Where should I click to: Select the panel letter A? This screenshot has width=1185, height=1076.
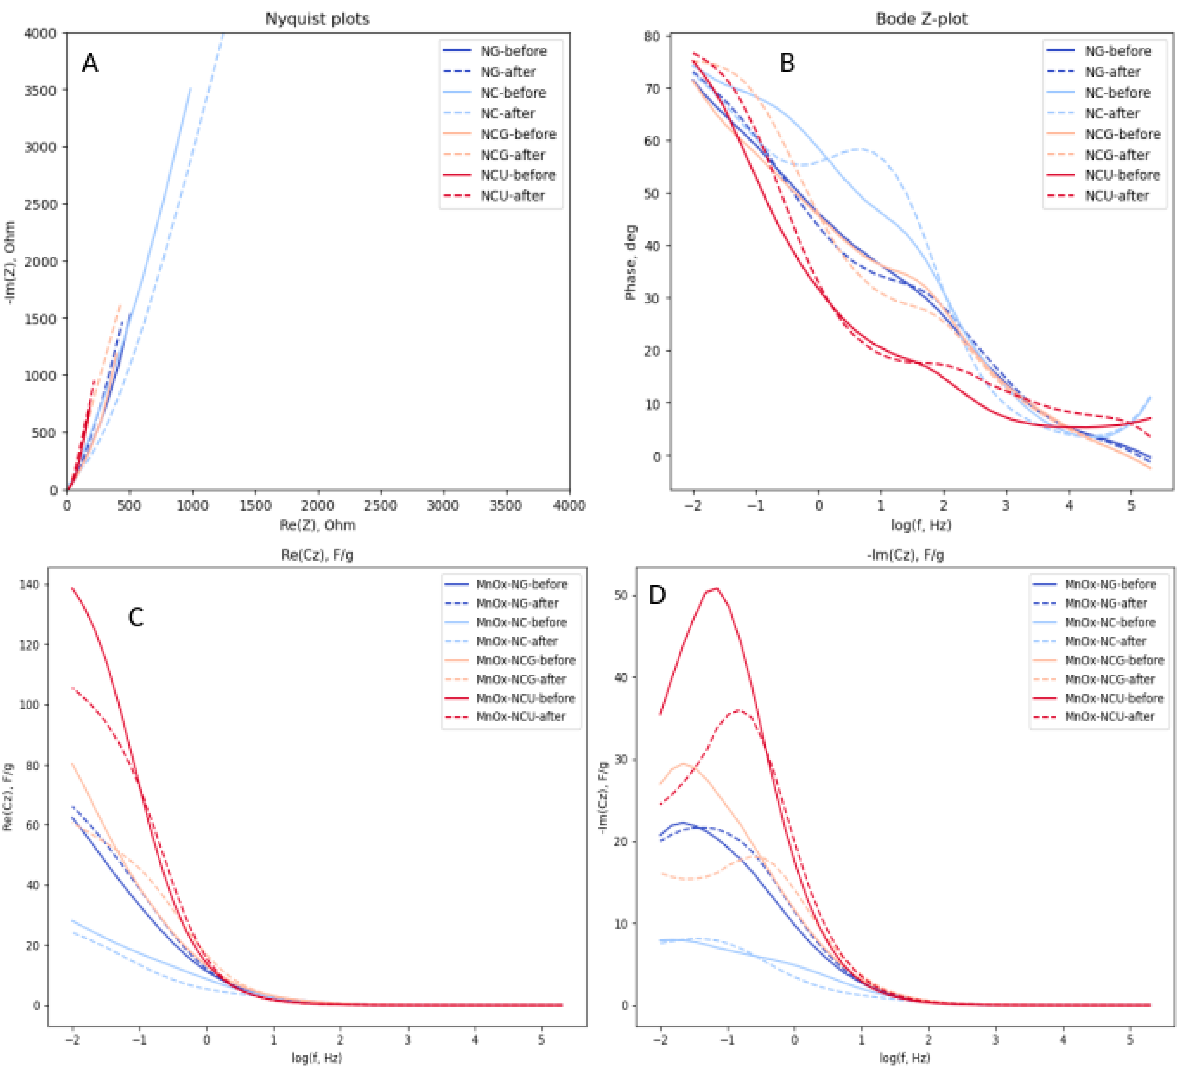90,63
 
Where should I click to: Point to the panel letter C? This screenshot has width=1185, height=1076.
136,617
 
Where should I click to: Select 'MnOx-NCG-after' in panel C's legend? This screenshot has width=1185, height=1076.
521,679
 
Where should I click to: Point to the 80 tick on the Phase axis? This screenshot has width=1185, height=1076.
652,37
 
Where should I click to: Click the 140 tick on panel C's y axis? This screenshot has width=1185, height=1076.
29,585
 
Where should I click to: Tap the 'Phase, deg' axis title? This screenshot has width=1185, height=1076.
630,262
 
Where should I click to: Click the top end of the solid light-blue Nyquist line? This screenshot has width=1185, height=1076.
190,88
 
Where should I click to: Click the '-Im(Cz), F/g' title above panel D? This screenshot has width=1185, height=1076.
905,555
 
